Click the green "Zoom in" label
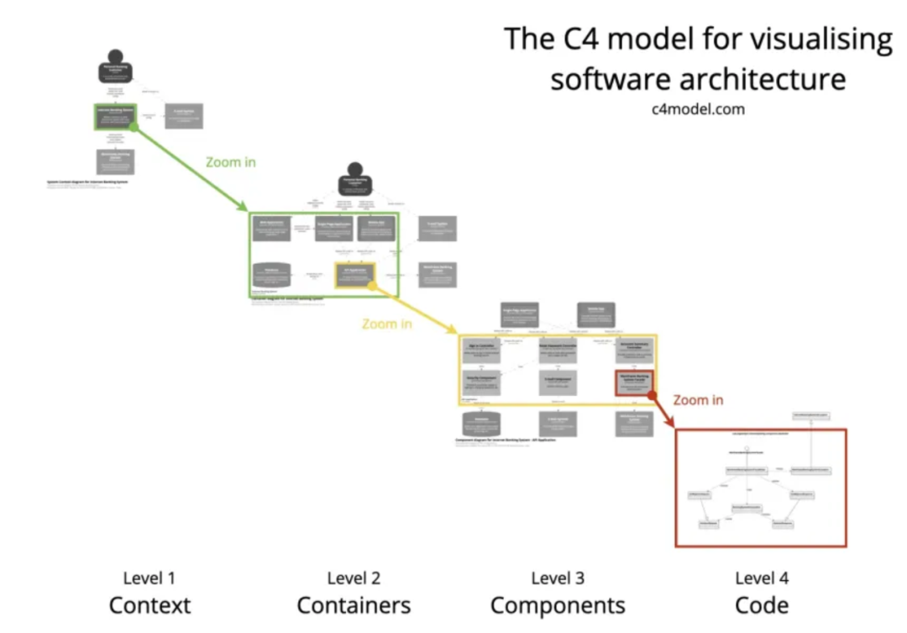(230, 161)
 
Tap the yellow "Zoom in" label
(386, 324)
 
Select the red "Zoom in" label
(698, 400)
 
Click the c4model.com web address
(697, 109)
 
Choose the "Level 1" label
(149, 578)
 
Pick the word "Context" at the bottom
(149, 605)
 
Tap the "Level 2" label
(354, 578)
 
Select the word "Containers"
(354, 605)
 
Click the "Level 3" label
(558, 578)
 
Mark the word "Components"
(558, 605)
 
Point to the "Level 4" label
(762, 578)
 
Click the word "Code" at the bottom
(762, 605)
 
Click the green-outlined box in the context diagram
(114, 117)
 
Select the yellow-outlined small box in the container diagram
(354, 276)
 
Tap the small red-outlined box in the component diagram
(634, 382)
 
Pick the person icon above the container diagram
(355, 178)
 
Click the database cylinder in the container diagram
(271, 275)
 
